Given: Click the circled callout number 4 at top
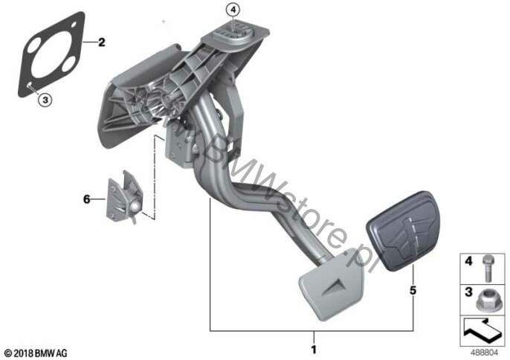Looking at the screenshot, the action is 233,10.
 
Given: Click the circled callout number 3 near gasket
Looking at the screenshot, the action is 45,100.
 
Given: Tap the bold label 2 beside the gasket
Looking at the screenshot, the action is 102,42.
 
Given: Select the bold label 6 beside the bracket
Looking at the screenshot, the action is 86,199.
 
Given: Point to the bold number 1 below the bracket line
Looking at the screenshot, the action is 314,350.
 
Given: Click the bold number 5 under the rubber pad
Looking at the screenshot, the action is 413,290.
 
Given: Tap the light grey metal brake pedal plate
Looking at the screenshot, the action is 331,284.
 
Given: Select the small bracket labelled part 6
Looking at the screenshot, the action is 125,197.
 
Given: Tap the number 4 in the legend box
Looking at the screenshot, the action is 468,261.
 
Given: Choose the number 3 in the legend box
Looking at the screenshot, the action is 468,292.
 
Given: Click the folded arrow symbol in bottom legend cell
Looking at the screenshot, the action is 482,330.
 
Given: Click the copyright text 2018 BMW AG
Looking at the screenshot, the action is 36,353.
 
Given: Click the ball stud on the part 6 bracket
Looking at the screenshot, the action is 135,206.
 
